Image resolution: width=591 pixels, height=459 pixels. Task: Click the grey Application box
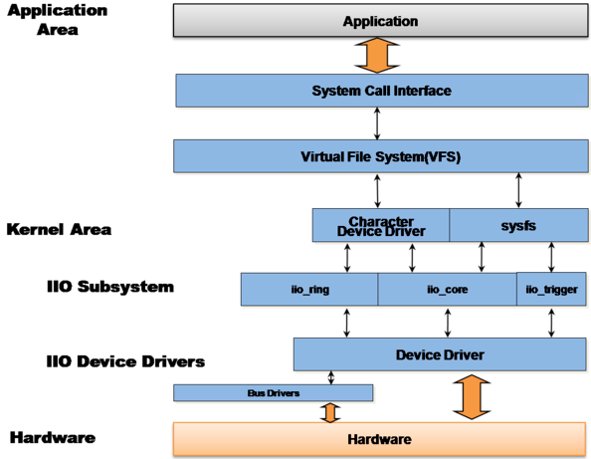(x=380, y=21)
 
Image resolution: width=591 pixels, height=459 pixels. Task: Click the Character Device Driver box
(x=381, y=225)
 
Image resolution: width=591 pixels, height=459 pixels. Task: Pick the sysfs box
(x=516, y=225)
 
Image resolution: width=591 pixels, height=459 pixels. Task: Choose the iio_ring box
(x=309, y=289)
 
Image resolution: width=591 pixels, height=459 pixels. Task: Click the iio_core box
(x=447, y=289)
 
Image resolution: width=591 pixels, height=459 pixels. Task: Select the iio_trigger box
(x=550, y=289)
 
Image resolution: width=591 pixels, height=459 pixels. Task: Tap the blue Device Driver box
(x=440, y=353)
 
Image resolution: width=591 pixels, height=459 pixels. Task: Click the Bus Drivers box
(x=273, y=393)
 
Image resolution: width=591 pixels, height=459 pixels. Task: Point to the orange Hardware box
(x=379, y=438)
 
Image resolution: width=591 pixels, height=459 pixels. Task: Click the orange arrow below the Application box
(x=376, y=56)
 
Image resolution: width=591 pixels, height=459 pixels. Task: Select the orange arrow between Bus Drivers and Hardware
(x=330, y=412)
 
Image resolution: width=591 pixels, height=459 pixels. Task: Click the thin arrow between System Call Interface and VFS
(x=376, y=123)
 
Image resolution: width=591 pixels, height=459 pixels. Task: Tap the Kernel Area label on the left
(x=59, y=229)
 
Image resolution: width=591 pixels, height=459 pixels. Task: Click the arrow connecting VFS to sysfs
(x=518, y=190)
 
